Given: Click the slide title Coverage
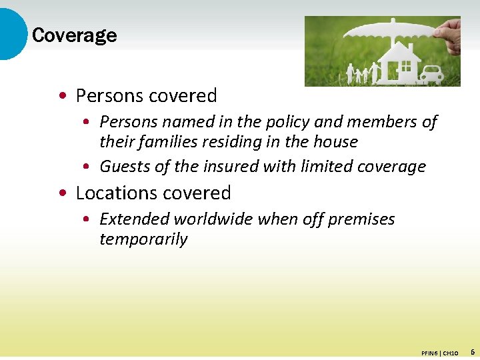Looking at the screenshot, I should pyautogui.click(x=74, y=35).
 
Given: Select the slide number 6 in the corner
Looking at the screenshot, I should pyautogui.click(x=472, y=351).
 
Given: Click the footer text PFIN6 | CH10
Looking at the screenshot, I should pyautogui.click(x=439, y=353).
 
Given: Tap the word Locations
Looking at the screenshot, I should pyautogui.click(x=113, y=193).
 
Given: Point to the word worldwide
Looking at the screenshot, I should pyautogui.click(x=216, y=219).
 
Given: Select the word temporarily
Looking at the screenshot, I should pyautogui.click(x=143, y=239).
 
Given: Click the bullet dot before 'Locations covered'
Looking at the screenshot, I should pyautogui.click(x=62, y=193).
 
